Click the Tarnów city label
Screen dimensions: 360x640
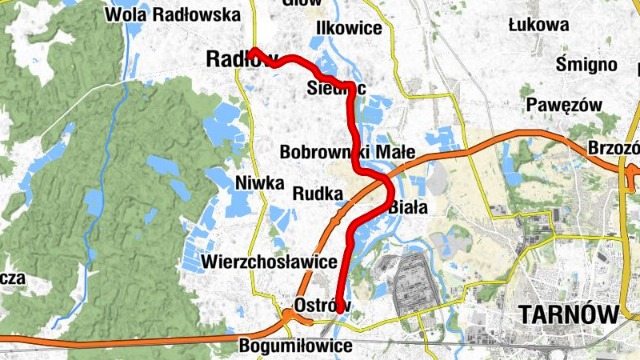pos(569,314)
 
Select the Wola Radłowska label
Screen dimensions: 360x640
pos(173,14)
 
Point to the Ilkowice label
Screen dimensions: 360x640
pos(349,28)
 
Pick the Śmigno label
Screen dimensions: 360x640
pos(587,64)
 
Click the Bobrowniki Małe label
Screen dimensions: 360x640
pos(346,152)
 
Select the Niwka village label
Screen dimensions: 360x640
pos(260,183)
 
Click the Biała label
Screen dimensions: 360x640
pos(409,207)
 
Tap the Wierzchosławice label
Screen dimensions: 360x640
pos(270,262)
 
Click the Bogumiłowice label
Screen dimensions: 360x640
pos(296,346)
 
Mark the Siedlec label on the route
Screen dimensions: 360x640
pos(336,89)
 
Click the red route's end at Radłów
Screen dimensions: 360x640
pos(251,51)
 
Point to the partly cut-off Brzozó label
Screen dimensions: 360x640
pos(612,149)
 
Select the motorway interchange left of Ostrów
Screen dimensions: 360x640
pos(289,314)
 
